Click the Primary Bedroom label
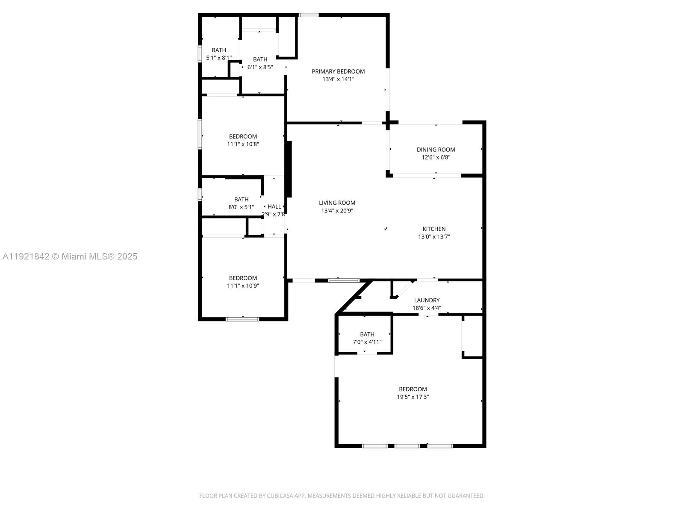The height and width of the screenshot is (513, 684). [338, 71]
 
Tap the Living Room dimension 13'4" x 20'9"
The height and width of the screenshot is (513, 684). [337, 211]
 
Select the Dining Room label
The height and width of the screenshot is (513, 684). [436, 150]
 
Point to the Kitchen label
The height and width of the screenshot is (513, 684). [434, 229]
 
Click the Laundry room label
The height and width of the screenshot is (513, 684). [427, 300]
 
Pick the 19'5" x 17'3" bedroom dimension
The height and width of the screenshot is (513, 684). [413, 397]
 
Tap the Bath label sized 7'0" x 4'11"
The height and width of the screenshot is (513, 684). [367, 334]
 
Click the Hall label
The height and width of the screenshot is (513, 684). [274, 206]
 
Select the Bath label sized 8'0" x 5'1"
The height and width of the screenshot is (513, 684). [241, 199]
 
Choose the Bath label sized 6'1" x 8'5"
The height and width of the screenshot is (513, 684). [260, 59]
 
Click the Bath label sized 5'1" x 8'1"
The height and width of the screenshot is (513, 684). [219, 50]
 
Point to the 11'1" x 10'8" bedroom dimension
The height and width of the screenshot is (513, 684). [243, 144]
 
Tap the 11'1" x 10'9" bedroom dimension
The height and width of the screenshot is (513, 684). [243, 286]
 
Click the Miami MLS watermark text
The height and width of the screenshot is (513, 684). [70, 256]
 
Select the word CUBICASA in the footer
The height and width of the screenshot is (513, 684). [280, 496]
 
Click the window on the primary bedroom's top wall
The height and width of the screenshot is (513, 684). [308, 15]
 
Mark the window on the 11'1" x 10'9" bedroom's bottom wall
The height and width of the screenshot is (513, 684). [242, 318]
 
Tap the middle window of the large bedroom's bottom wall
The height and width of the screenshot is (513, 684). [407, 446]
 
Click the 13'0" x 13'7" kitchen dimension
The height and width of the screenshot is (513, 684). [434, 237]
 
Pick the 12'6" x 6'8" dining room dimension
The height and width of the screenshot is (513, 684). [436, 157]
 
